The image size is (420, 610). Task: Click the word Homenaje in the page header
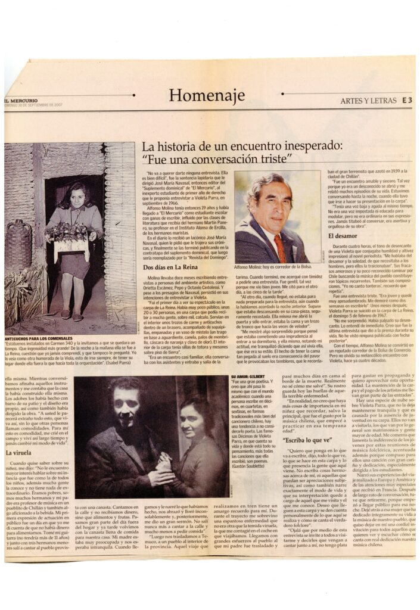(207, 95)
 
